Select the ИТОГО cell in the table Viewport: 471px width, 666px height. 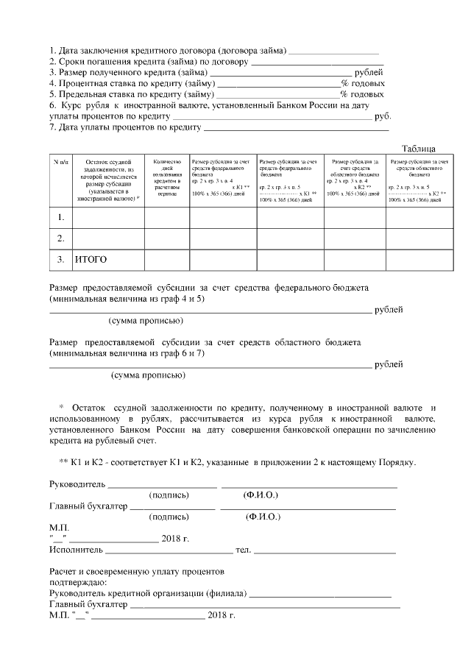pos(91,260)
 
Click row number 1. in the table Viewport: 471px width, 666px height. pos(61,217)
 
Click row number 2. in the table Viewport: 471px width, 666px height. pos(61,238)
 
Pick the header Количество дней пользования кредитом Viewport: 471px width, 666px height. pos(167,177)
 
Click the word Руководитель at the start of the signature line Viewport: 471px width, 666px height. pos(77,485)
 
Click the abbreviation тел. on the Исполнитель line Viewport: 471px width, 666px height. pos(243,550)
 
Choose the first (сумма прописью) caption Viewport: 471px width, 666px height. pos(146,322)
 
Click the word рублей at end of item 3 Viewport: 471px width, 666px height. pos(369,73)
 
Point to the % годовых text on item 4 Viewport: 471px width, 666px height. pos(362,84)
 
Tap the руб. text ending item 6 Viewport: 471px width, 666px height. pos(383,116)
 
